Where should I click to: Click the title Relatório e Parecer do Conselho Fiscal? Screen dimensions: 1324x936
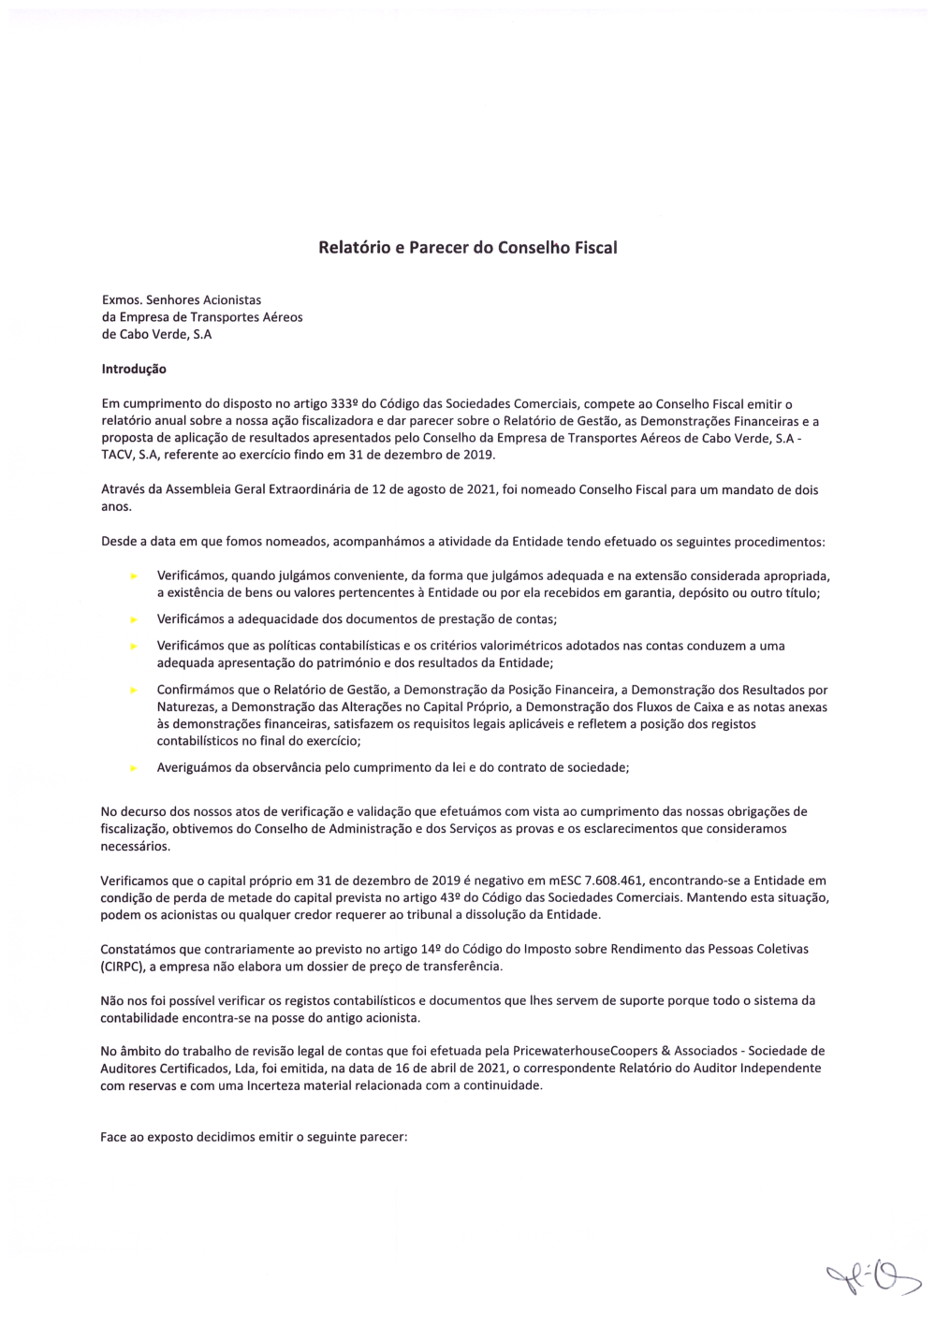467,248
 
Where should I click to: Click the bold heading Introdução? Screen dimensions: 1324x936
134,370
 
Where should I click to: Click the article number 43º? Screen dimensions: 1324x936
446,897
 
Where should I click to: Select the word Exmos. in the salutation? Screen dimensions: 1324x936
122,300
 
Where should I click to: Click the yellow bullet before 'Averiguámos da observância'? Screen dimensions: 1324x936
135,768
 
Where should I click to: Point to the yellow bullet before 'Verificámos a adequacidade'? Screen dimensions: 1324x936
135,620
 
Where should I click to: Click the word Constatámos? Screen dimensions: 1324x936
139,949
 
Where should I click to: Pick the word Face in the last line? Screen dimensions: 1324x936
114,1138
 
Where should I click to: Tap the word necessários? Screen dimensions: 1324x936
135,846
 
